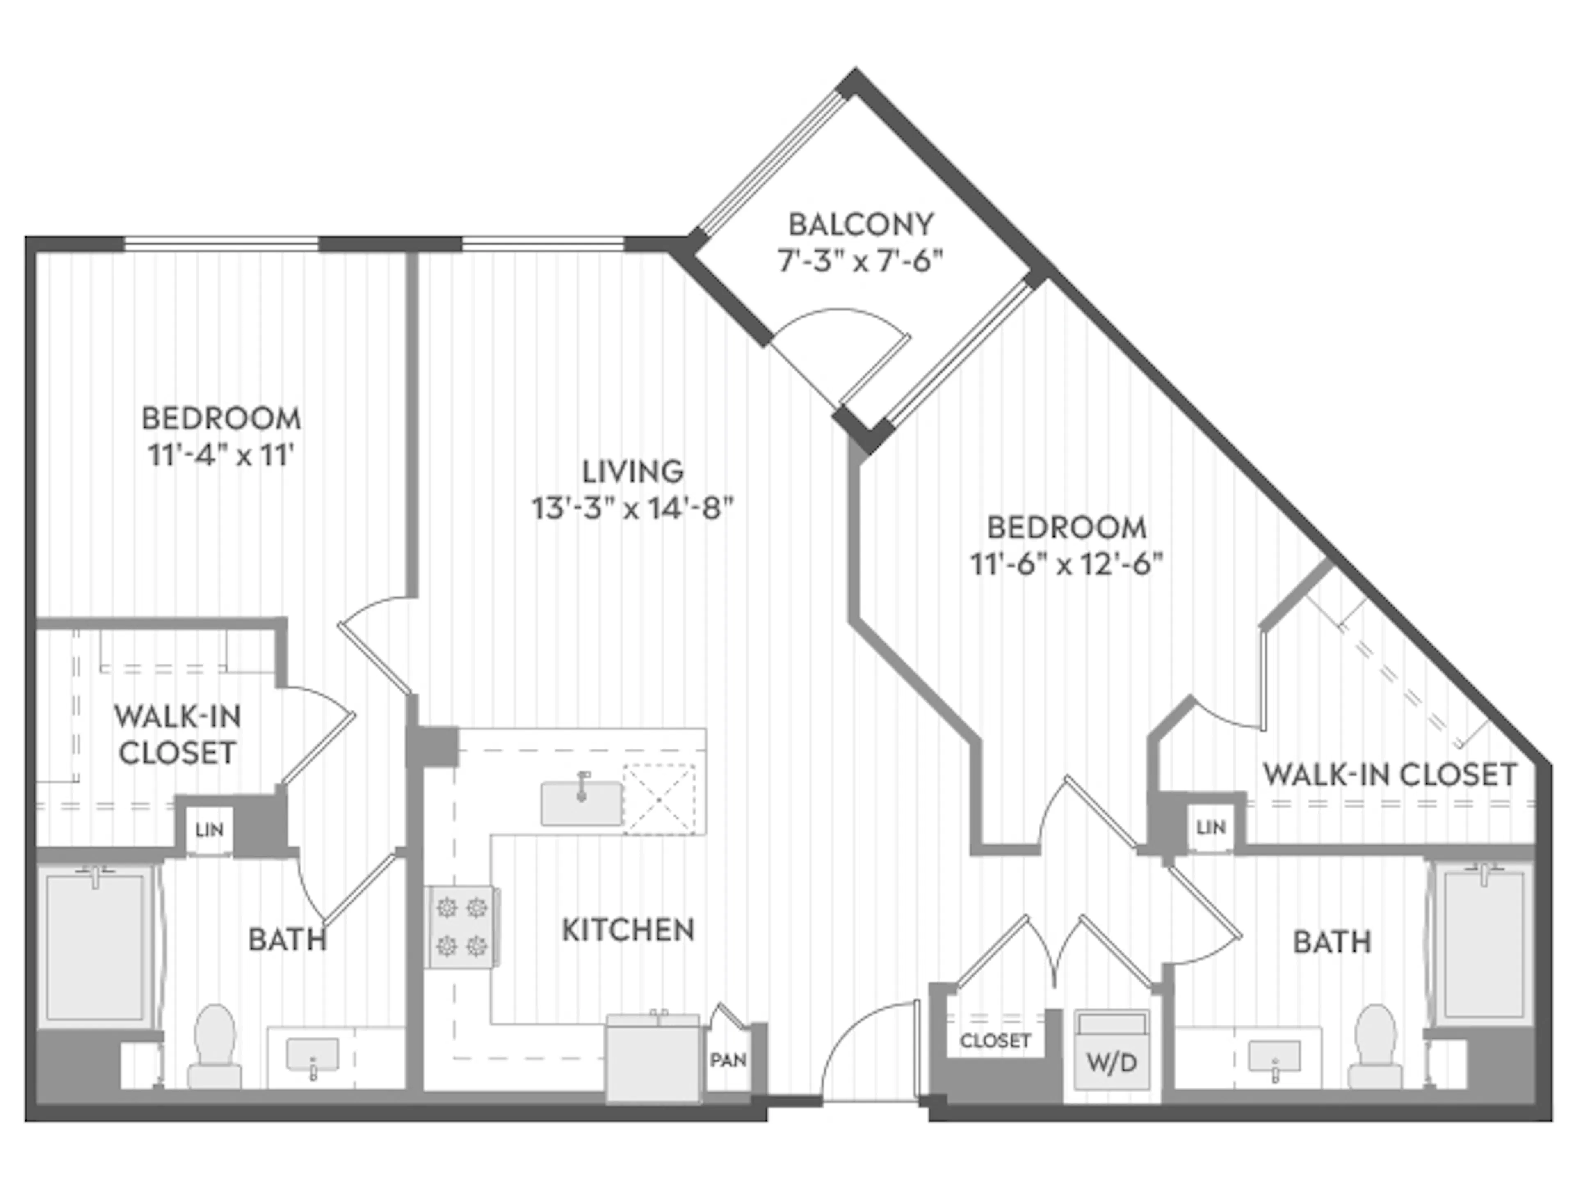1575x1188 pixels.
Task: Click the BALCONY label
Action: tap(860, 225)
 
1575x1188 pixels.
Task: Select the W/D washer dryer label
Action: tap(1112, 1063)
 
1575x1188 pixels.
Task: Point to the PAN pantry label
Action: tap(728, 1060)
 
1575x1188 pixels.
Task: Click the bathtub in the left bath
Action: tap(96, 947)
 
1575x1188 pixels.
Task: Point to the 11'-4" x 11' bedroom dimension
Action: tap(221, 455)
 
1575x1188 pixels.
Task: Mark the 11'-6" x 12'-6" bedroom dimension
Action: tap(1067, 565)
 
